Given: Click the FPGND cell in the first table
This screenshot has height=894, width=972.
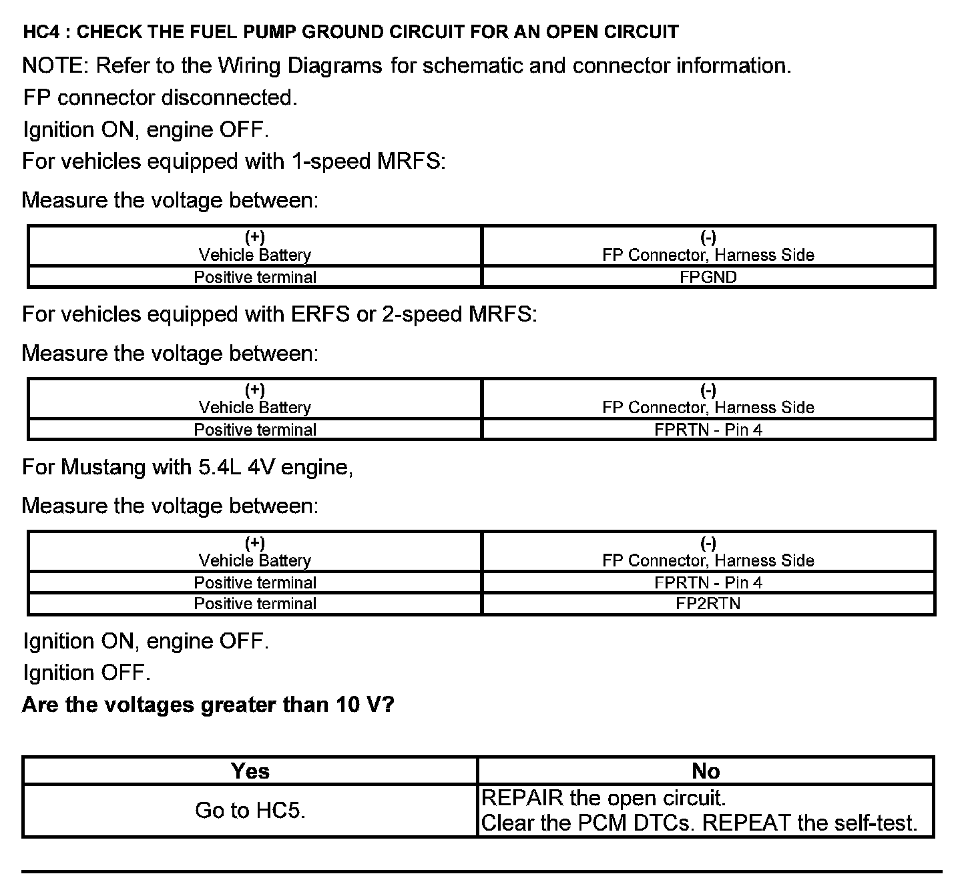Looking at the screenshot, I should point(708,277).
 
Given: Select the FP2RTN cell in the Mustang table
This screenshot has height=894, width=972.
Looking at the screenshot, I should point(708,604).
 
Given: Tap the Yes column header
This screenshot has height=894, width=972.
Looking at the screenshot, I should point(250,771).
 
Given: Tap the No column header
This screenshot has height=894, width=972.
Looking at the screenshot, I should point(706,771).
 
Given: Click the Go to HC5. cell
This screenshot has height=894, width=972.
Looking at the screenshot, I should point(250,810).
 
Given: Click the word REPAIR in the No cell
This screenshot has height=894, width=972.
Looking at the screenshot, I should point(523,798).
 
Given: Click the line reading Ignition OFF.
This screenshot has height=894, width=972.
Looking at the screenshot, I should point(87,673).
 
